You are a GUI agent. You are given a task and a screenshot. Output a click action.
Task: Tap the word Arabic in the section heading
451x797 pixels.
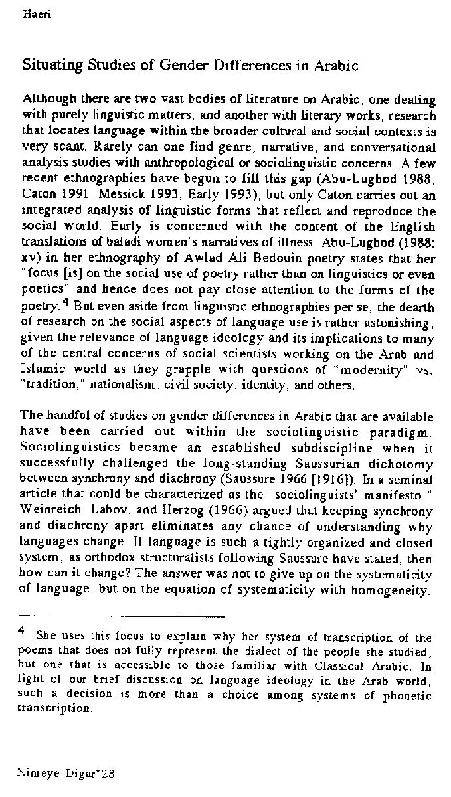pos(336,66)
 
